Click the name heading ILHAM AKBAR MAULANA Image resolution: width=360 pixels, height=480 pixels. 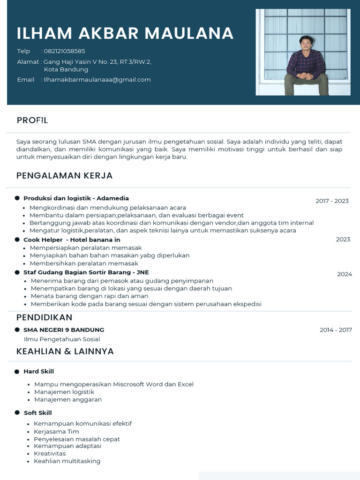[x=125, y=33]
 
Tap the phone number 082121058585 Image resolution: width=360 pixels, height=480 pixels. [x=65, y=51]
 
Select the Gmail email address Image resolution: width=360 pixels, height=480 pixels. [x=97, y=80]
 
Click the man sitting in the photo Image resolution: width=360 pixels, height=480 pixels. [x=306, y=66]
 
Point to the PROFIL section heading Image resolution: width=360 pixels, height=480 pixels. [x=32, y=120]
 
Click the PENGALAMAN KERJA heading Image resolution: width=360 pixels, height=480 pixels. [x=64, y=176]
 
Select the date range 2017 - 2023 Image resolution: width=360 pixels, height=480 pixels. [x=332, y=201]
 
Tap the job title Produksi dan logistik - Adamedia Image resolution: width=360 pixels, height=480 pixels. [x=76, y=198]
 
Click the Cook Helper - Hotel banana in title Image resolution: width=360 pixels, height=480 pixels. [x=72, y=240]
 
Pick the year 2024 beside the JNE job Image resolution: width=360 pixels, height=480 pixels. [x=344, y=274]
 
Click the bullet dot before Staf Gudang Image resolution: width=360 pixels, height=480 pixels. [x=17, y=272]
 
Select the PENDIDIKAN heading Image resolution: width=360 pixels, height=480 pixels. [x=44, y=318]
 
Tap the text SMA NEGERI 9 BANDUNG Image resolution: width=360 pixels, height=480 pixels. [x=64, y=330]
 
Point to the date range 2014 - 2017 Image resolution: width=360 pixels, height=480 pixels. [x=336, y=330]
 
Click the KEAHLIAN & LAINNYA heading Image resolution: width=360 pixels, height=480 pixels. [x=65, y=352]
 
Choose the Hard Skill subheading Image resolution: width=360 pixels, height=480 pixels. [x=38, y=372]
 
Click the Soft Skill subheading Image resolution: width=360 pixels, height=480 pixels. [x=37, y=413]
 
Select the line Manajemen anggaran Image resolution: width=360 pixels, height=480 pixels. [x=68, y=400]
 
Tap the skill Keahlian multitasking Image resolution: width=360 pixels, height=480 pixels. [x=67, y=461]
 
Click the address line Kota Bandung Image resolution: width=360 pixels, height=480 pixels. [x=66, y=69]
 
